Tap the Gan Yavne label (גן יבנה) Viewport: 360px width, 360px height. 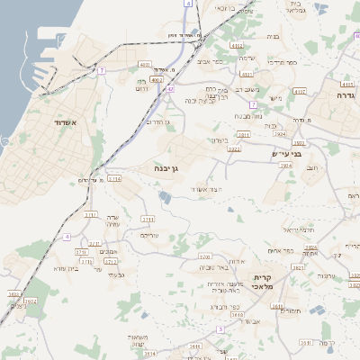pos(167,168)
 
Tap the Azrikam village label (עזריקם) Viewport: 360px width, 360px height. pos(148,235)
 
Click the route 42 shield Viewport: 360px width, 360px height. pos(170,88)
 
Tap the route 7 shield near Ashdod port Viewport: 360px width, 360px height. pos(103,69)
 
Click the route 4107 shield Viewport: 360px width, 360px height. pos(300,91)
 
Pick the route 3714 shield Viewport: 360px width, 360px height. pos(114,179)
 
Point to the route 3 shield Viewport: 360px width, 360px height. pos(220,328)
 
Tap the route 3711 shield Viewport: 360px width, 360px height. pos(148,219)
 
